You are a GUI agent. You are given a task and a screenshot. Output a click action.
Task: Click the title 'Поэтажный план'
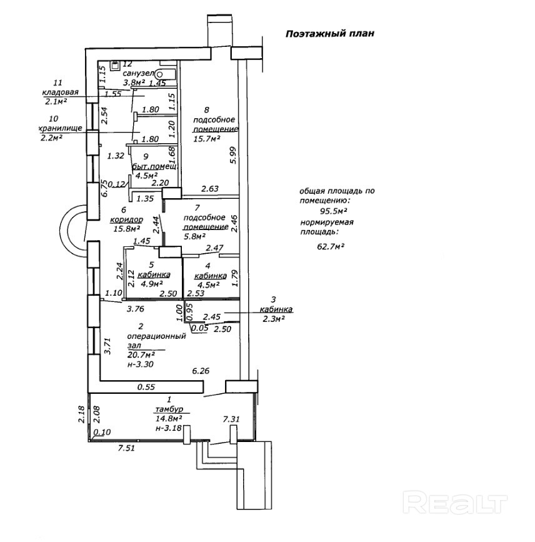[x=329, y=34]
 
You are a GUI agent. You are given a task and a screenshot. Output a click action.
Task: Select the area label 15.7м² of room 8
[x=207, y=139]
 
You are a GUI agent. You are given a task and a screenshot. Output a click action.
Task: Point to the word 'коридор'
[x=126, y=220]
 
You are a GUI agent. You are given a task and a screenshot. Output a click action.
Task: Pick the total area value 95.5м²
[x=333, y=211]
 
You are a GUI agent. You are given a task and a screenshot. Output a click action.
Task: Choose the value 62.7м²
[x=331, y=246]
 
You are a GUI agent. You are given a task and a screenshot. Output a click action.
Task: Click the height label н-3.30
[x=140, y=364]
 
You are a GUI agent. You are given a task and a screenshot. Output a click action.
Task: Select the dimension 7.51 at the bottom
[x=129, y=448]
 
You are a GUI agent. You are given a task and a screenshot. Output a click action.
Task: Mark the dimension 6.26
[x=201, y=371]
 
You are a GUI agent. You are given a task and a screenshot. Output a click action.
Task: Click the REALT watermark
[x=454, y=501]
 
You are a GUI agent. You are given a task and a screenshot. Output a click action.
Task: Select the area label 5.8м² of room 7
[x=194, y=237]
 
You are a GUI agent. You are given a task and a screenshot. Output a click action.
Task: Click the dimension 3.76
[x=136, y=308]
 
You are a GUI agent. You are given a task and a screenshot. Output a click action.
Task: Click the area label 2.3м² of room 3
[x=273, y=318]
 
